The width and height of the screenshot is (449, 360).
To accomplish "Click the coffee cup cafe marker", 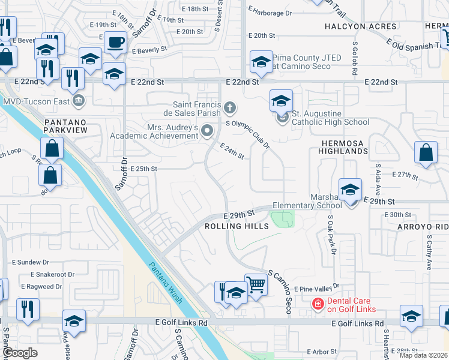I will [x=115, y=43].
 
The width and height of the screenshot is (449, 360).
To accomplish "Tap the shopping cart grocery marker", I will [x=256, y=284].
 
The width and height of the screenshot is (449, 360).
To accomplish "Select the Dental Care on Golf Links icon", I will [x=316, y=304].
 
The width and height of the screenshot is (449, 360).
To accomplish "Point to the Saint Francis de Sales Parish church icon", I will [x=229, y=108].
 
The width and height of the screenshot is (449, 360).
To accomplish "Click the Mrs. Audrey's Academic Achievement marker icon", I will [x=208, y=130].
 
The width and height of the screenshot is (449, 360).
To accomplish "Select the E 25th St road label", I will [x=143, y=169].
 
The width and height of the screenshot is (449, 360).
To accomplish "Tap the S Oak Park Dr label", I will [x=330, y=237].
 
